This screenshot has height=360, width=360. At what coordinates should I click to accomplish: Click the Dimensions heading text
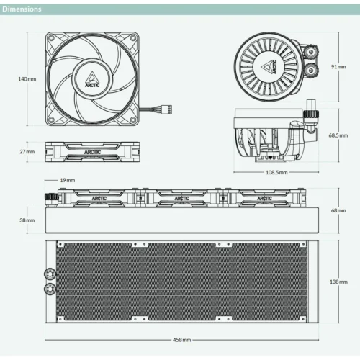click(22, 9)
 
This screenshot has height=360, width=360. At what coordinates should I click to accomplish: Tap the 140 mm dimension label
click(27, 79)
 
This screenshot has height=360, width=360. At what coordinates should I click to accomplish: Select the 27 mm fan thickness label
click(27, 152)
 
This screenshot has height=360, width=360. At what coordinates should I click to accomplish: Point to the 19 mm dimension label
click(68, 180)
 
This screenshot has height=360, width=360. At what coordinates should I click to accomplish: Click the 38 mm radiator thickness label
click(27, 220)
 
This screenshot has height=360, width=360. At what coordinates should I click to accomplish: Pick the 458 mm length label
click(182, 340)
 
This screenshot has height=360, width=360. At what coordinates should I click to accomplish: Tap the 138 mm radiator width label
click(338, 282)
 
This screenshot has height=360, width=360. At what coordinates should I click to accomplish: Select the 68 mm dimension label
click(338, 210)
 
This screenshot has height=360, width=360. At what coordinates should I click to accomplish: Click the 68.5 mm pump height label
click(338, 135)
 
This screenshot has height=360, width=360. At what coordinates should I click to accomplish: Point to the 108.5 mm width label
click(276, 172)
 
